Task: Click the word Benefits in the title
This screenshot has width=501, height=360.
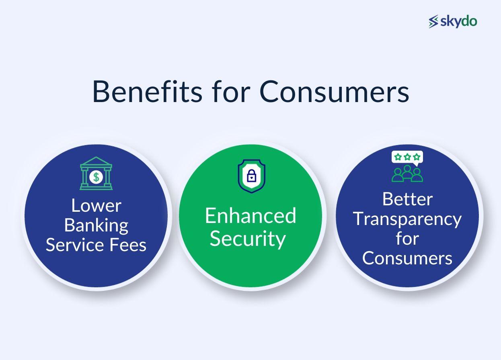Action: pos(147,91)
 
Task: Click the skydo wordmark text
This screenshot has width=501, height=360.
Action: pos(458,21)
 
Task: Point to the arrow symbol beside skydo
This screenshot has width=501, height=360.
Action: pos(433,22)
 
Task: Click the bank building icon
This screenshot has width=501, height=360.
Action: pos(96,173)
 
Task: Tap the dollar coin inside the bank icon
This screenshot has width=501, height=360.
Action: pos(96,177)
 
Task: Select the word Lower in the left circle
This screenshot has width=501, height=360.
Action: pos(96,205)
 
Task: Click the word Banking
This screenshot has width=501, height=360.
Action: pos(96,225)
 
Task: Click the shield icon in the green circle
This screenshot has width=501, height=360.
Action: pos(251,176)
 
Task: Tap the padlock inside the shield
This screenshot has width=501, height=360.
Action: pos(251,176)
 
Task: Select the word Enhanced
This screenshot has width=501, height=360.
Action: pos(250,215)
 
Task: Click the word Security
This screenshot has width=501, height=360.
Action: pos(248,238)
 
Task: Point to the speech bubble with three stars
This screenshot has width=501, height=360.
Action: pos(407,157)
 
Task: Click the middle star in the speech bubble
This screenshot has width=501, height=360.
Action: pos(407,157)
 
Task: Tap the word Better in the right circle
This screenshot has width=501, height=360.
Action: pos(407,199)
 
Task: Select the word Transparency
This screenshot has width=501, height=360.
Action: pos(407,219)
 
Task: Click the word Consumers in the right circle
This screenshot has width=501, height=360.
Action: pos(407,258)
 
